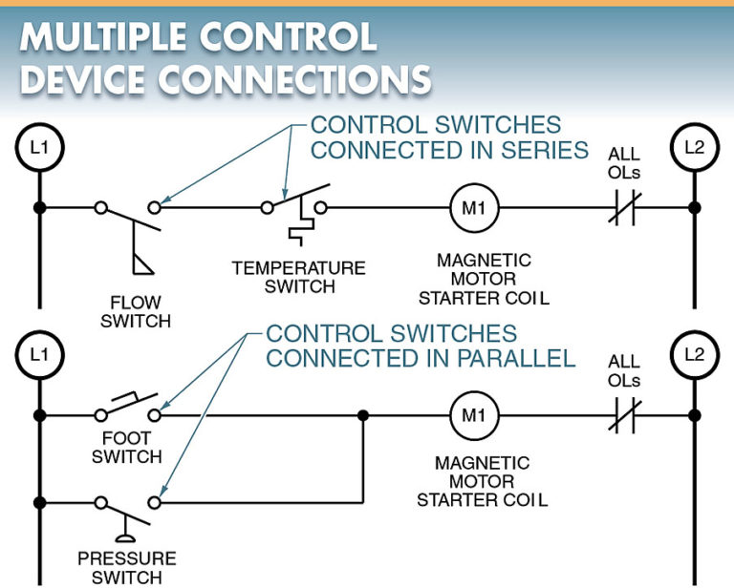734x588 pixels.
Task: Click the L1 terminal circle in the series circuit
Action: [39, 148]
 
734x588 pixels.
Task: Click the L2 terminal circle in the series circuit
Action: [694, 148]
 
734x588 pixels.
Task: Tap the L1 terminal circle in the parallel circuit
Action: [39, 355]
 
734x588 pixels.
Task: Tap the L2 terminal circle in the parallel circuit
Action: [694, 355]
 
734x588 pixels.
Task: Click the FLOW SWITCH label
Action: [136, 312]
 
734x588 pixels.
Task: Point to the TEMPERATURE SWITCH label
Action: [298, 277]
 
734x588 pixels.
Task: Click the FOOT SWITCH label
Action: [126, 448]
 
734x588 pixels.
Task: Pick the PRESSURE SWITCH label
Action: [126, 567]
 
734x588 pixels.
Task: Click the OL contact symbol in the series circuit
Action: [624, 207]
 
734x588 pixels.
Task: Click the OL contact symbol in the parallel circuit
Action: [624, 415]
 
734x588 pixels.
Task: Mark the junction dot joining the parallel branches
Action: [363, 415]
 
